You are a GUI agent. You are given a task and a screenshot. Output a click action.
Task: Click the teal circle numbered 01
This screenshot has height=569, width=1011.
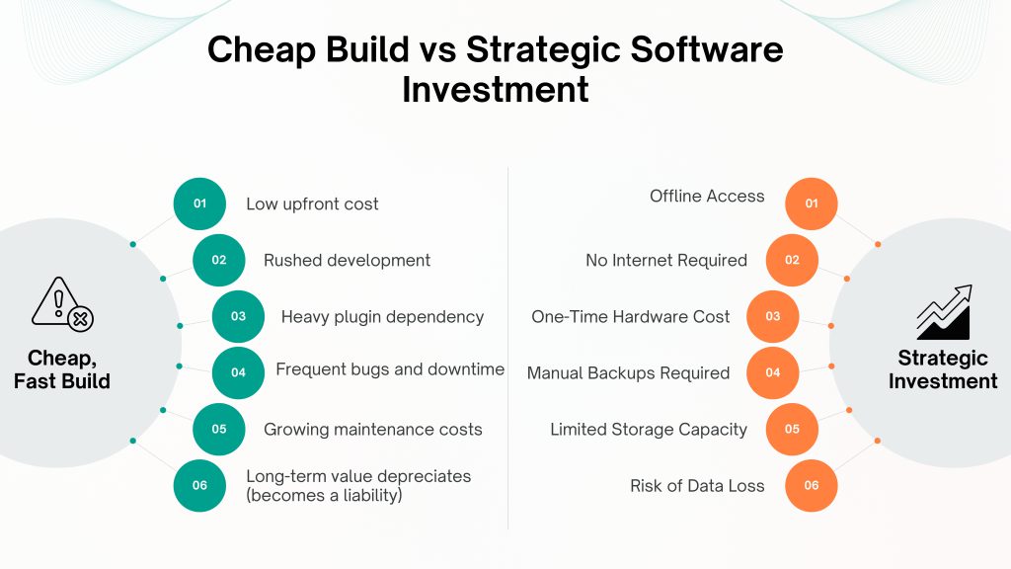tap(199, 203)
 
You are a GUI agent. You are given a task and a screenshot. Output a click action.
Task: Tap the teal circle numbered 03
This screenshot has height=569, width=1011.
tap(239, 316)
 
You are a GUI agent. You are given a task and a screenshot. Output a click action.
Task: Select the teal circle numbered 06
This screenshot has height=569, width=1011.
tap(199, 485)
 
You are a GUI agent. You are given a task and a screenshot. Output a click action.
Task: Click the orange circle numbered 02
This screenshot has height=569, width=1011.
tap(792, 260)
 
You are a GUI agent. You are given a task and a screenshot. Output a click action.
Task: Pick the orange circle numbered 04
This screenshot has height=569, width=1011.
tap(772, 372)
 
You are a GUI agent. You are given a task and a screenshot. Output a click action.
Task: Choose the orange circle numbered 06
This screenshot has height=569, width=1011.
tap(812, 485)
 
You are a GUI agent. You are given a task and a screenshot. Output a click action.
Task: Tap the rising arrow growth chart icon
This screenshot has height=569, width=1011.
tap(944, 312)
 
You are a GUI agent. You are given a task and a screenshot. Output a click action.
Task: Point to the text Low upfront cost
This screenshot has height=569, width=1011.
tap(312, 203)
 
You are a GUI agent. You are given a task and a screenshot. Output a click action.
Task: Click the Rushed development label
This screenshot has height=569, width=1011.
tap(347, 260)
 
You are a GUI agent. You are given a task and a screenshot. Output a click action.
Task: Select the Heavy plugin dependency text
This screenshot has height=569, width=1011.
tap(382, 317)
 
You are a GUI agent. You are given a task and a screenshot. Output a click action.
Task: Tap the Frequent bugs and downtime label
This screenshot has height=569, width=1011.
tap(390, 369)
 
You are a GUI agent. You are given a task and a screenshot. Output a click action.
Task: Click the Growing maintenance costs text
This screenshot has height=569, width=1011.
tap(372, 430)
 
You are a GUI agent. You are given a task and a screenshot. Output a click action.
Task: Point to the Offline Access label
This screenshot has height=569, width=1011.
tap(707, 197)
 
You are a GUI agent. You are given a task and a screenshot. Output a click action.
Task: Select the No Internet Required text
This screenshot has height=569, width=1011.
tap(666, 260)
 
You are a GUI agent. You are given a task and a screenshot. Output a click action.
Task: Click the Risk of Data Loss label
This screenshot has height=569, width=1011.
tap(697, 486)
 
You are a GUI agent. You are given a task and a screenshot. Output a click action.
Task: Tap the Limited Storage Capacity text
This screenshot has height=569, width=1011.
tap(648, 430)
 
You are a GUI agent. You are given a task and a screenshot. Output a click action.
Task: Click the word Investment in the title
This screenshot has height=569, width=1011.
tap(496, 89)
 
